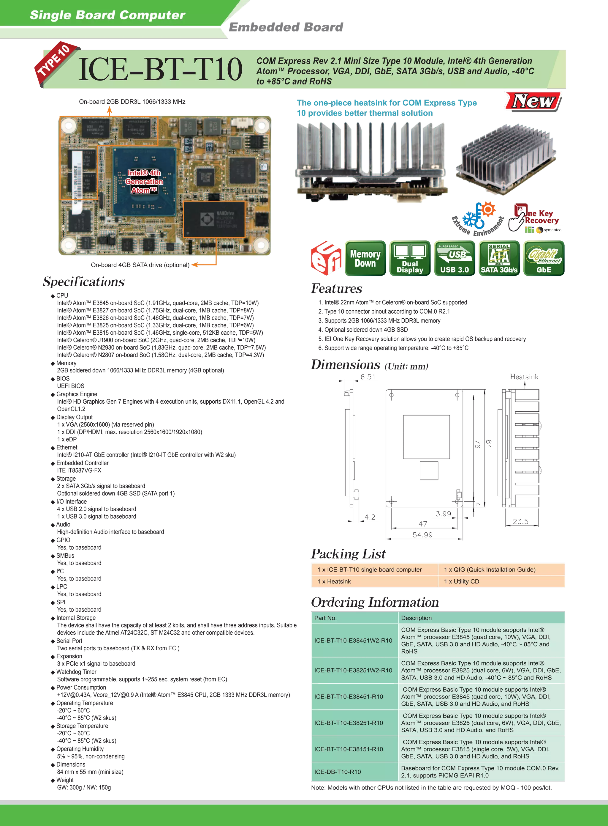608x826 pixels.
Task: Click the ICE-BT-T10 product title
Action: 160,69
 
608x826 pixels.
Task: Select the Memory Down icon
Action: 365,258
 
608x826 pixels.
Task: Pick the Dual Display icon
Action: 410,258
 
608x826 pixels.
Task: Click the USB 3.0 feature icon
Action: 455,258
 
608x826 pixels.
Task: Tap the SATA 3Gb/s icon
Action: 499,258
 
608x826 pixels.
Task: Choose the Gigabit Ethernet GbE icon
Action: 544,258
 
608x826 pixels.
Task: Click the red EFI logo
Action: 326,258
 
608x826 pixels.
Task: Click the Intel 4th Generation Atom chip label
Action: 144,182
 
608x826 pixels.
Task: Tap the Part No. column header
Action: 325,618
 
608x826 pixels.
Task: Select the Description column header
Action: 416,618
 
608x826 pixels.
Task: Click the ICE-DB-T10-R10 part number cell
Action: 338,772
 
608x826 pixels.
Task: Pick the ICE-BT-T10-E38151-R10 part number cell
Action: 349,749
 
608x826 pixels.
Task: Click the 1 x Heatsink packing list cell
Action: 334,581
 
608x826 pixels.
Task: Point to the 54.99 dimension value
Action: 422,535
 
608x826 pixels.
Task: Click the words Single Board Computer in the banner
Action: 107,15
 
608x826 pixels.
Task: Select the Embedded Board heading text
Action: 286,27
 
